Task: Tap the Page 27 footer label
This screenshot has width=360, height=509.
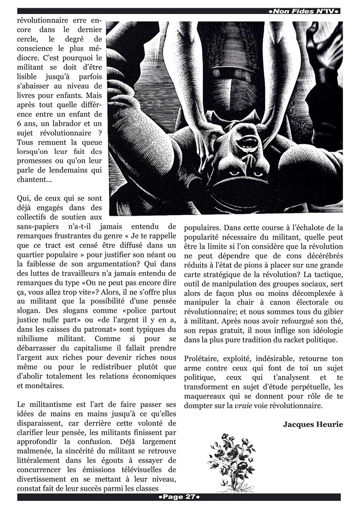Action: click(180, 497)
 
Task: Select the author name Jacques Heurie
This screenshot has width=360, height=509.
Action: click(313, 424)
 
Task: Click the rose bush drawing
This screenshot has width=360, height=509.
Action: click(232, 462)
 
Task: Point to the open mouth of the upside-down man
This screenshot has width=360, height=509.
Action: click(248, 144)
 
